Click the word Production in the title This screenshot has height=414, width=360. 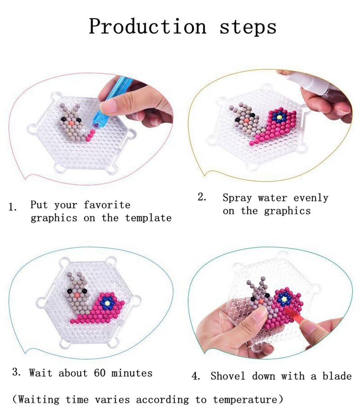[x=147, y=26]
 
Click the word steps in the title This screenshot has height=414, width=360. [x=248, y=27]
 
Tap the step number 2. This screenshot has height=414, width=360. [x=202, y=197]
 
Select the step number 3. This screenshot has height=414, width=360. [x=16, y=372]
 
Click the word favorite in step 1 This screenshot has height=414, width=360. [x=107, y=205]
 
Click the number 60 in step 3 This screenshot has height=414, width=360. [x=100, y=373]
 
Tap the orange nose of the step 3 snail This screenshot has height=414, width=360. [x=77, y=296]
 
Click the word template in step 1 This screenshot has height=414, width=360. [x=148, y=218]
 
